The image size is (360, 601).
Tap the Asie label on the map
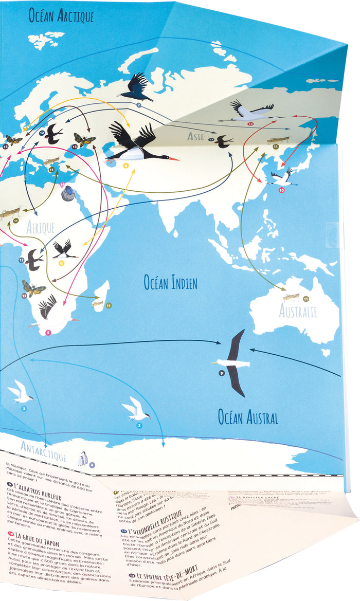(196, 136)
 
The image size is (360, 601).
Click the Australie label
(298, 311)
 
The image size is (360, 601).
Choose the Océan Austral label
(248, 417)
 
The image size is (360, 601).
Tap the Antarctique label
(44, 449)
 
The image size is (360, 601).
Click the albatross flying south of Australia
(232, 362)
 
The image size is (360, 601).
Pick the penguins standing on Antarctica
(82, 458)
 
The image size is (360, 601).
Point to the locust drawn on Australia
(291, 297)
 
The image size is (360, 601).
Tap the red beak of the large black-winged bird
(174, 158)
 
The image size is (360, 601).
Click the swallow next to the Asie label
(224, 141)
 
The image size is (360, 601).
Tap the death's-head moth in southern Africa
(33, 288)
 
